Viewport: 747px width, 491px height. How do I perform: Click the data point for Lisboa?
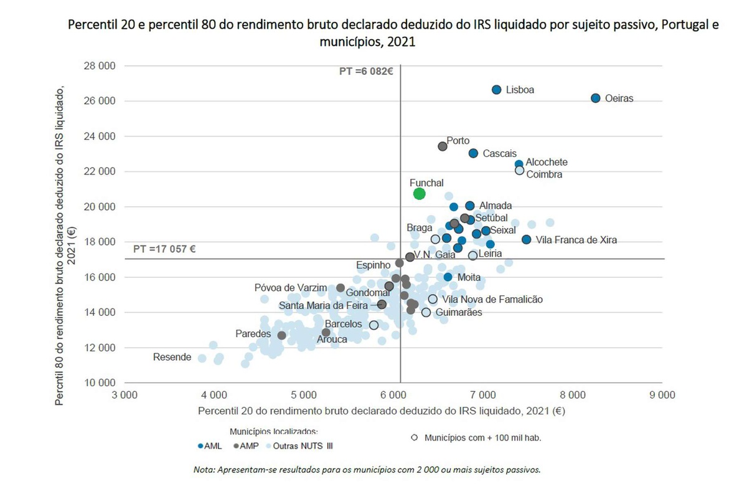pos(496,90)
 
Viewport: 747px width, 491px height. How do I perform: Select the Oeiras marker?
pos(595,98)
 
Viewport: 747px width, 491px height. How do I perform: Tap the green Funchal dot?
pos(420,193)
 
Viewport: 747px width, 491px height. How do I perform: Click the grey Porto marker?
pos(443,146)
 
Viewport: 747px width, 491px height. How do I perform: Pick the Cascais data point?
pos(473,153)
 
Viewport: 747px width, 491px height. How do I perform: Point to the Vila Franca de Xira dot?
pos(527,239)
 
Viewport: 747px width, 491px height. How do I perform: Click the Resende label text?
pos(172,357)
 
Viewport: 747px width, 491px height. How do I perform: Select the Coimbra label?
pos(544,174)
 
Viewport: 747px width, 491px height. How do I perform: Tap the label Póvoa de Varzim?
pos(290,288)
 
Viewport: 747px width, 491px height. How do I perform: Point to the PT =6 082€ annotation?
pos(366,72)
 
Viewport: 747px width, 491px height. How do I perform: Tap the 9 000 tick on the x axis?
pos(662,394)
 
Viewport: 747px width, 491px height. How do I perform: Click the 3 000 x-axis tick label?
pos(125,394)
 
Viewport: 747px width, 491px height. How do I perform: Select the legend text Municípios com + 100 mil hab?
pos(482,437)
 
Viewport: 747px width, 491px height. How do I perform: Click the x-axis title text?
pos(381,411)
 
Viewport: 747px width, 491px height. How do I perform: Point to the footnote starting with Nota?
pos(367,469)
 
